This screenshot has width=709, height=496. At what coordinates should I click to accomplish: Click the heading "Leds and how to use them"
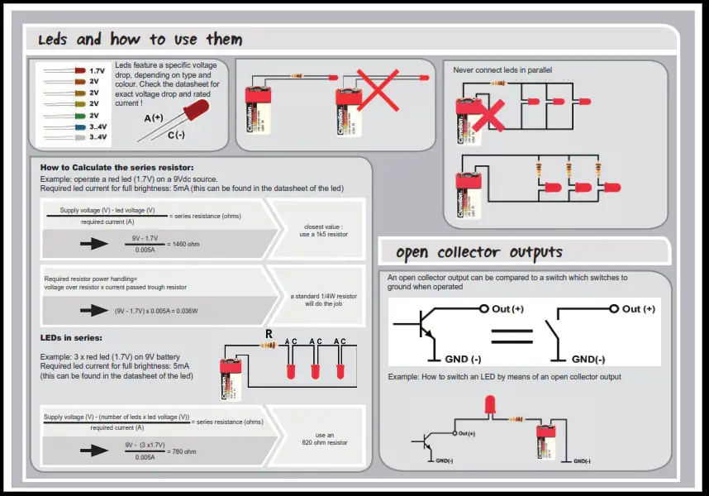click(x=140, y=39)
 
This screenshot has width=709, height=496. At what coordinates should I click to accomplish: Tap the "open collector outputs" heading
click(x=479, y=252)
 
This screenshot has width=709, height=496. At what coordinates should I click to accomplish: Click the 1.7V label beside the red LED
click(x=97, y=71)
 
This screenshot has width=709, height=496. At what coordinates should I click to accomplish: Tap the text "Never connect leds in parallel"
click(x=502, y=70)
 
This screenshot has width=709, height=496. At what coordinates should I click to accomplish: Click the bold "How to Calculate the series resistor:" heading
click(x=117, y=168)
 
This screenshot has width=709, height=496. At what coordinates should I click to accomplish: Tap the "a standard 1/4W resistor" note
click(x=323, y=296)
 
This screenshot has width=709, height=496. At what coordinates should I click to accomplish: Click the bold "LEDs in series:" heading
click(x=71, y=337)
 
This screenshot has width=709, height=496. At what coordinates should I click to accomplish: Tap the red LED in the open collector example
click(x=489, y=405)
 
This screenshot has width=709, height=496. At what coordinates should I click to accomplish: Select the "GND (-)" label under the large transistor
click(x=463, y=360)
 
